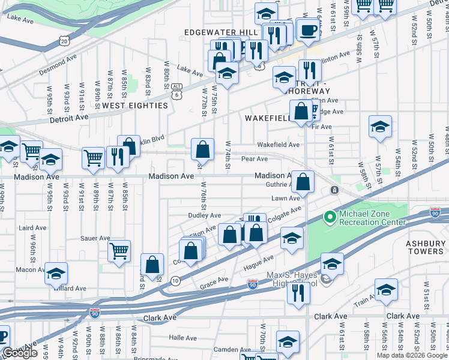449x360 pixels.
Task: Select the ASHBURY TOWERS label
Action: pyautogui.click(x=424, y=247)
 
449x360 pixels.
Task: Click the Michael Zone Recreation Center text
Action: pyautogui.click(x=373, y=218)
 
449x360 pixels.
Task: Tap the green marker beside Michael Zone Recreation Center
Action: pyautogui.click(x=329, y=217)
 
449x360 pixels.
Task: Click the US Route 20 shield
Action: pyautogui.click(x=64, y=40)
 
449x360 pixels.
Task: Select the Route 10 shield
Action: pyautogui.click(x=175, y=280)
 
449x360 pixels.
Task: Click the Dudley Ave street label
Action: pyautogui.click(x=205, y=215)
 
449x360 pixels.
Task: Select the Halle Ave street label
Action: pyautogui.click(x=183, y=338)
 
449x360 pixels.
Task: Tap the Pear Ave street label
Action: pyautogui.click(x=254, y=159)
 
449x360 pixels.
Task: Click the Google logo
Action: pyautogui.click(x=20, y=353)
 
